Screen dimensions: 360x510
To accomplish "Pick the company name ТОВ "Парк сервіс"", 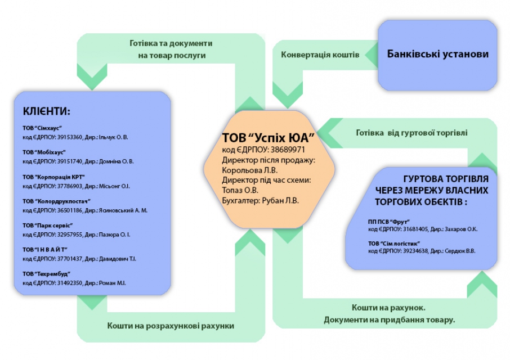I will pos(47,225).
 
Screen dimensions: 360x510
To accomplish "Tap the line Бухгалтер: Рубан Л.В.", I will pos(261,200).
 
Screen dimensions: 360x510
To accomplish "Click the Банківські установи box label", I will pos(438,55).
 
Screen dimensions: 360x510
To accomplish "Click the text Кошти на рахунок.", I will pos(389,308).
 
